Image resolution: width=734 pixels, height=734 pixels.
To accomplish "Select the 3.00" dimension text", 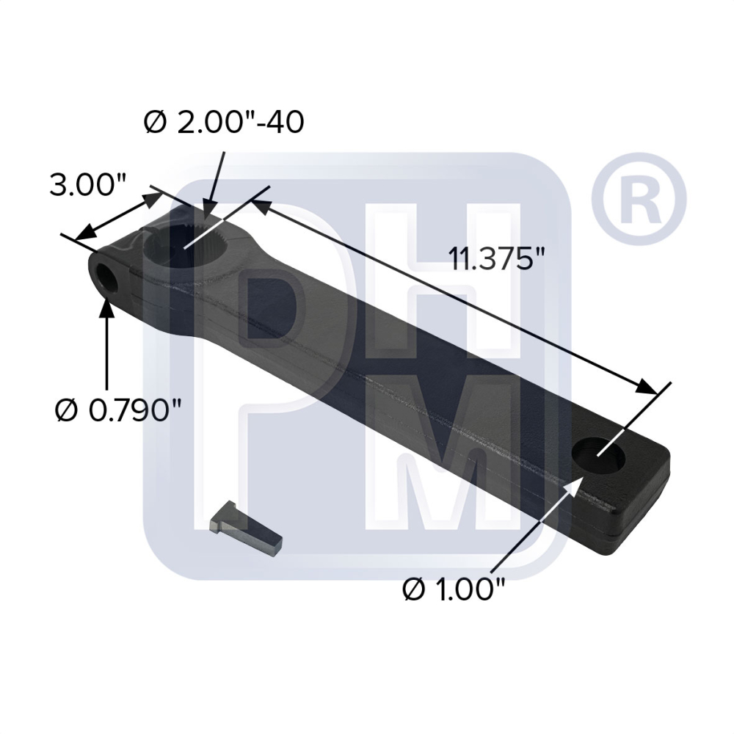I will [87, 184].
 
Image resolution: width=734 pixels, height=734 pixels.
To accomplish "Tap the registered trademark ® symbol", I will [638, 197].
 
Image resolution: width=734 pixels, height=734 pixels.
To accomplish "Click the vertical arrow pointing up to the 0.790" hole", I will [108, 345].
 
